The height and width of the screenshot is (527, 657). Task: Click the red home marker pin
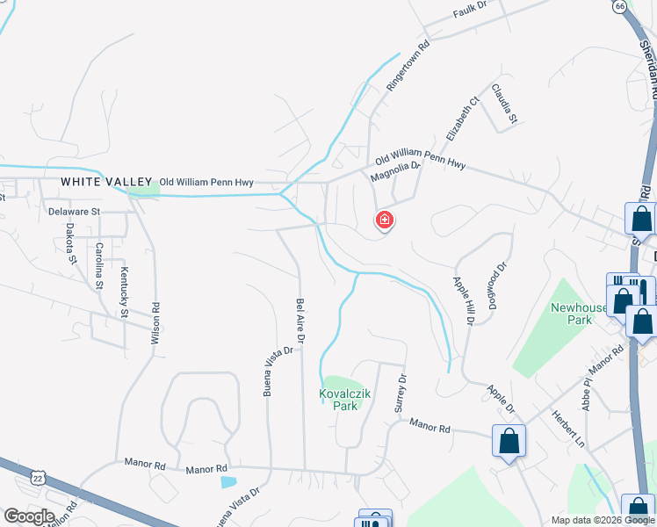[x=384, y=220]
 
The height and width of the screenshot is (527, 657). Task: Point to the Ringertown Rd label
[x=408, y=66]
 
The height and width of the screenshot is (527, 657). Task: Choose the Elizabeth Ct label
[x=461, y=119]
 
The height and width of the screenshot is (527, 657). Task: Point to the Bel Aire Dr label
[x=300, y=319]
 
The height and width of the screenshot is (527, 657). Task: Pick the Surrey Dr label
[x=402, y=393]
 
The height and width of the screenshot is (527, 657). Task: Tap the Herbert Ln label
[x=567, y=427]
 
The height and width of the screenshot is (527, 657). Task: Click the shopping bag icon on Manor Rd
[x=509, y=440]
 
